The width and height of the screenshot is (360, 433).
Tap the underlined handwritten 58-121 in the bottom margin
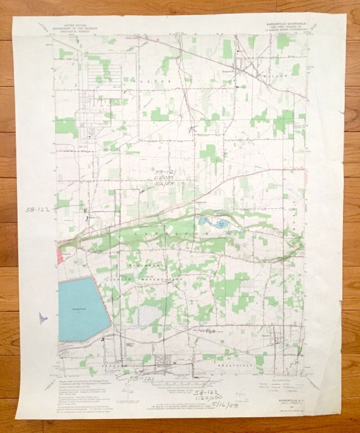[142, 377]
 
